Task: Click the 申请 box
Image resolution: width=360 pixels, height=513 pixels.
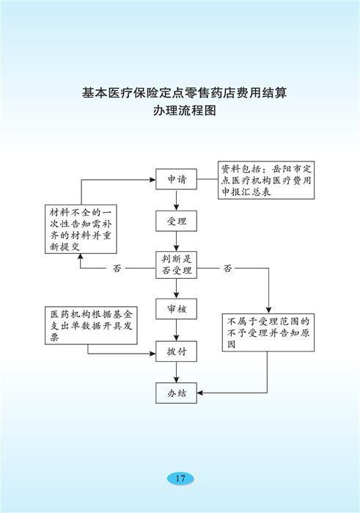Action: coord(176,179)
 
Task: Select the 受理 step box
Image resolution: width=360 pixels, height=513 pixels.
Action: coord(176,221)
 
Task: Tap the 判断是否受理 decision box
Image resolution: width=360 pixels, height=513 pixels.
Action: coord(176,265)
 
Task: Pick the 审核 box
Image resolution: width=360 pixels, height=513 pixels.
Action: coord(176,308)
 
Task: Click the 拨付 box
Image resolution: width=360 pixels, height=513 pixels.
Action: coord(176,351)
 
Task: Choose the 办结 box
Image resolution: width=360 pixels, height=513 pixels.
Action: coord(176,393)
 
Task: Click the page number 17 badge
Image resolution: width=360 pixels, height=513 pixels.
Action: coord(180,479)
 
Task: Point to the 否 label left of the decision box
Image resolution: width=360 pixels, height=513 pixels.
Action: coord(117,269)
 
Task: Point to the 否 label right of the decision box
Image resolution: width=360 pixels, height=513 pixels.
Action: coord(227,269)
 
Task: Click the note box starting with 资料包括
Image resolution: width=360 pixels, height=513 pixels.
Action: coord(266,180)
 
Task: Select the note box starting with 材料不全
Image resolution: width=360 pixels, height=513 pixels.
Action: coord(81,229)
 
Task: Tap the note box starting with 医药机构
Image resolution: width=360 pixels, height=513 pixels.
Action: coord(91,325)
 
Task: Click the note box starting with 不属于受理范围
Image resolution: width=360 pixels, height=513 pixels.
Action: coord(268,332)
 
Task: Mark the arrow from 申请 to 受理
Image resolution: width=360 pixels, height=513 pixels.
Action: coord(176,200)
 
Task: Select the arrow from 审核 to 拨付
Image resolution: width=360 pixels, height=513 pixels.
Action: coord(176,330)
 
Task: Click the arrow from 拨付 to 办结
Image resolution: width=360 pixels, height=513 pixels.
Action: coord(176,372)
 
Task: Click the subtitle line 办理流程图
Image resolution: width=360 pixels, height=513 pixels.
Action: coord(185,111)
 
